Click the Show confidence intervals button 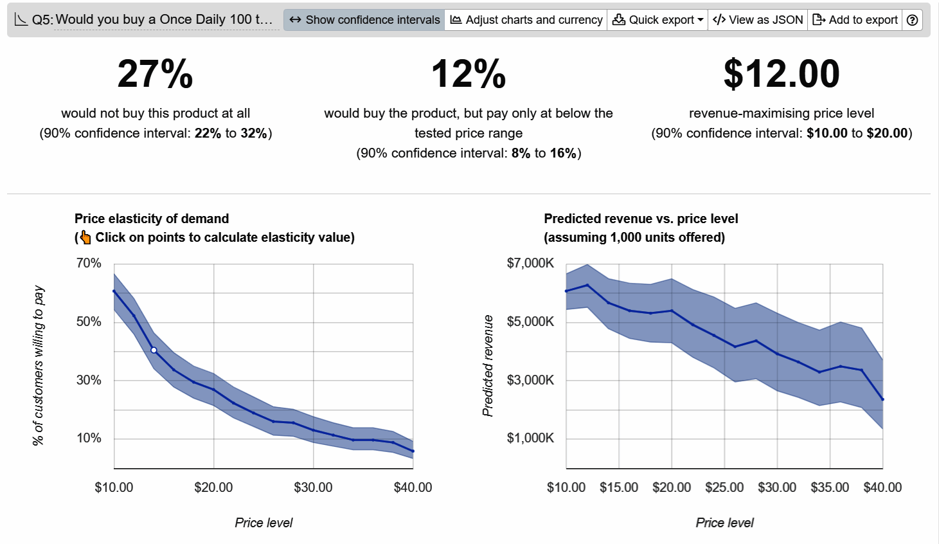364,20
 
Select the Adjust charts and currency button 526,20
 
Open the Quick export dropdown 657,20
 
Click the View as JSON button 758,20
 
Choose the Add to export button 855,20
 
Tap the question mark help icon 912,20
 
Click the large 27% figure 155,74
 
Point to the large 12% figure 469,74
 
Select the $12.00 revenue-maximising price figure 782,74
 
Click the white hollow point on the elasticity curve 154,350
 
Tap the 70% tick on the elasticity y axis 89,263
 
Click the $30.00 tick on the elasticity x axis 313,487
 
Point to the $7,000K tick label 530,263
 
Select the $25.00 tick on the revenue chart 724,487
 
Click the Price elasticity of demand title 152,219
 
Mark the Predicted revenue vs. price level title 641,219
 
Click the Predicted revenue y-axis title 488,365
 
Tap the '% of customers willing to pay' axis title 39,365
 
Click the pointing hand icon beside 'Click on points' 85,237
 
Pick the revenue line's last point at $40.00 882,399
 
